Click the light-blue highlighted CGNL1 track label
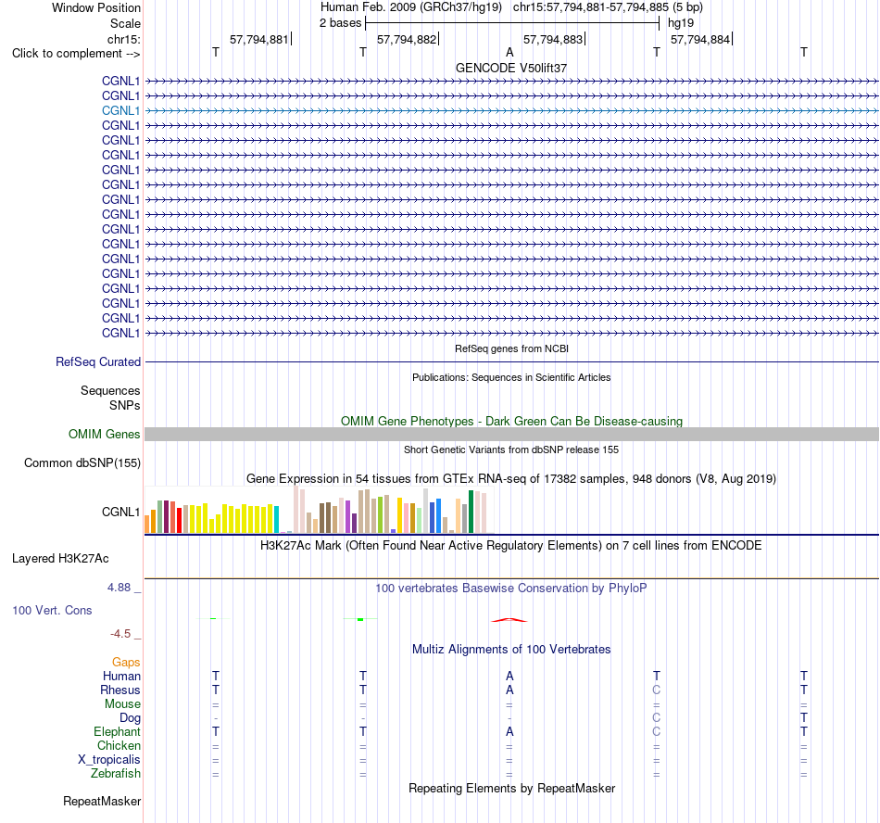coord(120,110)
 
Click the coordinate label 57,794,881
coord(258,39)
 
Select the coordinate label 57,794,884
coord(700,39)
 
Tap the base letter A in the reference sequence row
coord(509,52)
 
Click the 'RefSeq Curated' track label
coord(98,361)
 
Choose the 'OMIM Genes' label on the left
coord(105,434)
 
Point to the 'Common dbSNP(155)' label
coord(82,462)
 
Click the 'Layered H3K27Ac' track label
coord(60,558)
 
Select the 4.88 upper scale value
coord(119,588)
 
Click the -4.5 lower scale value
coord(120,634)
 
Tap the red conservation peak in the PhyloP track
coord(509,620)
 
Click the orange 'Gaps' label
coord(126,662)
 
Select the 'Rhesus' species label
coord(120,690)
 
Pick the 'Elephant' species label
coord(117,731)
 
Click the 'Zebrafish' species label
coord(116,773)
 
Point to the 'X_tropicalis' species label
coord(109,760)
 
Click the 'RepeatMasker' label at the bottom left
coord(102,801)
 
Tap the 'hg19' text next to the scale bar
coord(681,23)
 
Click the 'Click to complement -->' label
coord(76,54)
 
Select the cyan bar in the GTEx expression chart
coord(276,519)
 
